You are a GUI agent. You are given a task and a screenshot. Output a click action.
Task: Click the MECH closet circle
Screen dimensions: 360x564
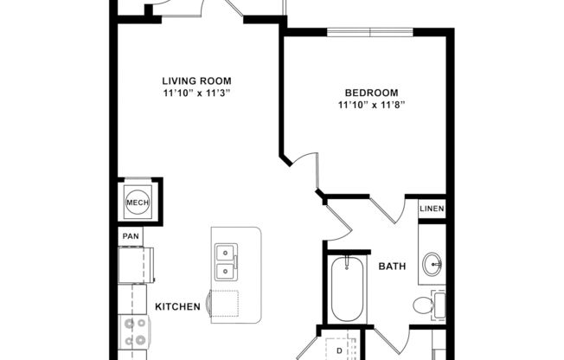pyautogui.click(x=138, y=202)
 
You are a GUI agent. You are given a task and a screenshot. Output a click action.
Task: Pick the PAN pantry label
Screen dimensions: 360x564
pyautogui.click(x=131, y=235)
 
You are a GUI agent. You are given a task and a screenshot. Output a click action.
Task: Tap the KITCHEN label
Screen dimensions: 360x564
pyautogui.click(x=177, y=306)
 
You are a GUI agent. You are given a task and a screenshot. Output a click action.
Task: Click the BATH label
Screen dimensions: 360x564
pyautogui.click(x=393, y=266)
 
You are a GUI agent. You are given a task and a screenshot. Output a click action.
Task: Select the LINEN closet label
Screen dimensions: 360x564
pyautogui.click(x=432, y=209)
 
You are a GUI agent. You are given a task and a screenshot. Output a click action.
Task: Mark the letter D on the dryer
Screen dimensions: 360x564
pyautogui.click(x=338, y=350)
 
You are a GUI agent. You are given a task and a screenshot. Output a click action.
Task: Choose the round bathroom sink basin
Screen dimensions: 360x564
pyautogui.click(x=433, y=263)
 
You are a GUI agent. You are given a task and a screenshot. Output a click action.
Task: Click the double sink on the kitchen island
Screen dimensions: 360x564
pyautogui.click(x=226, y=260)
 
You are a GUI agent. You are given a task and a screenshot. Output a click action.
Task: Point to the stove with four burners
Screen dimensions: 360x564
pyautogui.click(x=136, y=332)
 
